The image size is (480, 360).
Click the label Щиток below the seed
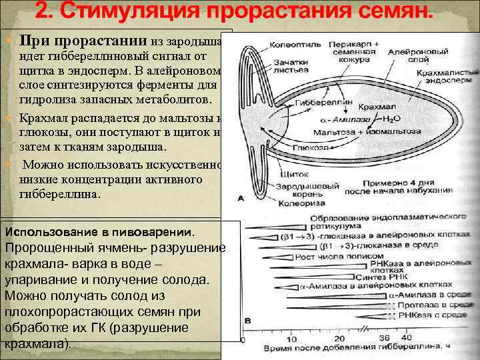click(299, 173)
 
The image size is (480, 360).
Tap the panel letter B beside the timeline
click(249, 321)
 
